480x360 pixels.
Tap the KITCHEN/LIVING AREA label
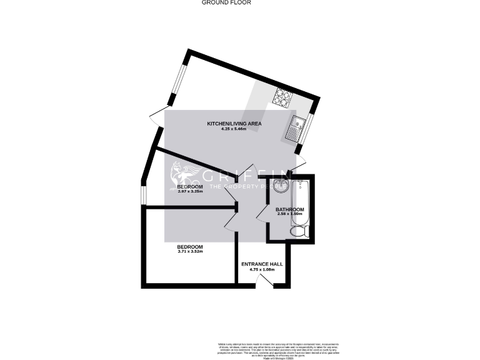[x=234, y=124]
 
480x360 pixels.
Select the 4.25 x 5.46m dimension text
[x=234, y=129]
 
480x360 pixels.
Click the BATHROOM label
[x=290, y=209]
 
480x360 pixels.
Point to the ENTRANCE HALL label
[x=262, y=264]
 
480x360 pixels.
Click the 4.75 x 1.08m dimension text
[x=262, y=270]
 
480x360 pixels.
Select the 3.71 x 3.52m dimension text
[x=190, y=252]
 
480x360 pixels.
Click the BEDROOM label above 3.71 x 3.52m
[x=190, y=247]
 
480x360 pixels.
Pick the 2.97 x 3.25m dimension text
[x=190, y=192]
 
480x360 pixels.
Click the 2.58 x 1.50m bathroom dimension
[x=290, y=214]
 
